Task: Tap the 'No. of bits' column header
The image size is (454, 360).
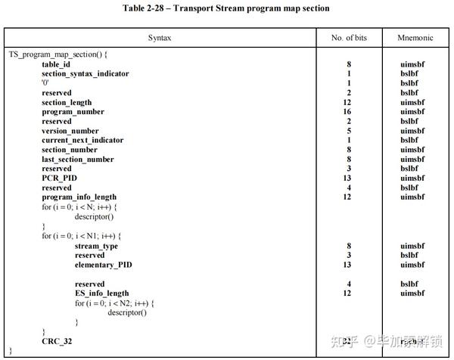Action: [348, 37]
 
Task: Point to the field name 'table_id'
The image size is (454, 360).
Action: [56, 64]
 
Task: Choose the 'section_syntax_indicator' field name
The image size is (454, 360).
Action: [85, 73]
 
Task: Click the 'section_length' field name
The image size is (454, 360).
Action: [67, 102]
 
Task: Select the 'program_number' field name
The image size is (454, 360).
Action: [73, 112]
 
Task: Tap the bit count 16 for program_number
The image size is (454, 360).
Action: [348, 112]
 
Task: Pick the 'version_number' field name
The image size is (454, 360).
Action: [70, 131]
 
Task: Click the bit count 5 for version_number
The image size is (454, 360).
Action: [348, 131]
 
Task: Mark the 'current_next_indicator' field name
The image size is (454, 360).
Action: [82, 140]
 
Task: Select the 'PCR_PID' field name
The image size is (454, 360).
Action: [58, 178]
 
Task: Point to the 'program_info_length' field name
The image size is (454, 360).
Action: [79, 197]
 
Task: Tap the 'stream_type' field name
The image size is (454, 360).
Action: [96, 246]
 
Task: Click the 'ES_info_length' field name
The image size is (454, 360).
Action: [102, 293]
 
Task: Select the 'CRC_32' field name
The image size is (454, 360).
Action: [56, 341]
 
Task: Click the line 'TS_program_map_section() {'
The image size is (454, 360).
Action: [58, 55]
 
